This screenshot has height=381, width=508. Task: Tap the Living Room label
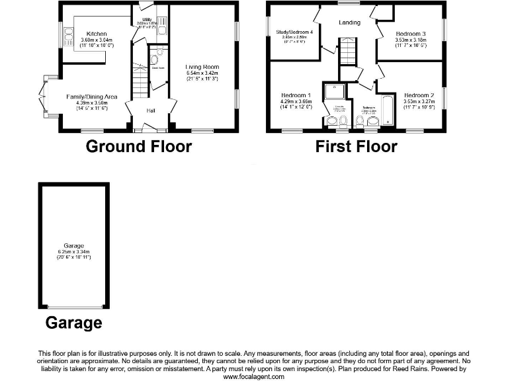click(x=201, y=67)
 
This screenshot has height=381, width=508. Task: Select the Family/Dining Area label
click(x=91, y=97)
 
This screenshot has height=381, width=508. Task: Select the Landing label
click(x=349, y=22)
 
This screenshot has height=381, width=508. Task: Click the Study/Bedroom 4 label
click(x=294, y=32)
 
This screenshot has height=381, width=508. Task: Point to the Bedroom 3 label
click(x=411, y=34)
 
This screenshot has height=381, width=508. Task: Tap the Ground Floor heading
click(x=138, y=146)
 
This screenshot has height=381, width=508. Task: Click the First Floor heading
click(x=356, y=146)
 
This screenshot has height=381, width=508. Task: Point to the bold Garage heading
click(x=73, y=323)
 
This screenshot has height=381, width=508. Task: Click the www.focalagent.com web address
click(x=254, y=376)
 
